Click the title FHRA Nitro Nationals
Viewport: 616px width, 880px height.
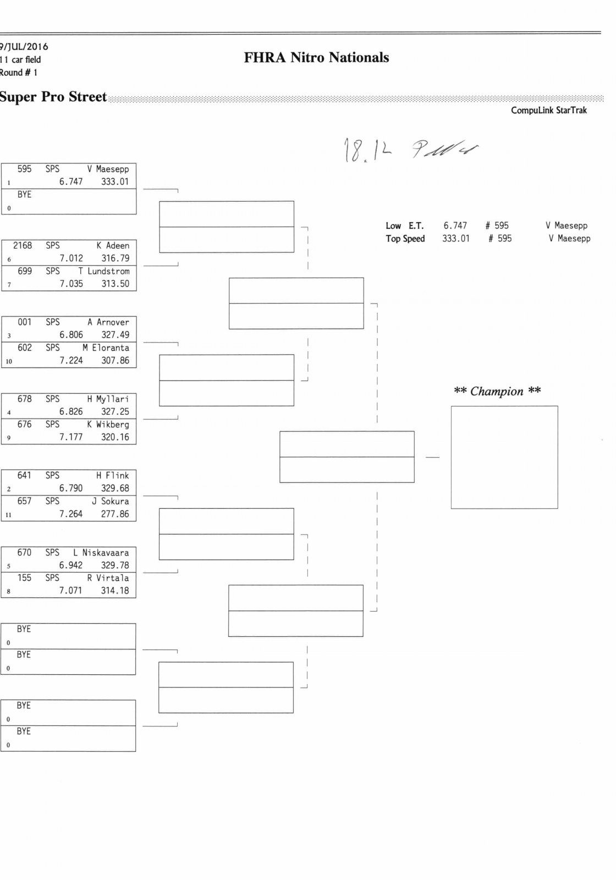coord(316,58)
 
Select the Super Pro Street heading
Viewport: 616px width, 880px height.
coord(53,97)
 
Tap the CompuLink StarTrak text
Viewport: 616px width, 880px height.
coord(548,111)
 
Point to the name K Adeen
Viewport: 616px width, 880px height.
coord(113,246)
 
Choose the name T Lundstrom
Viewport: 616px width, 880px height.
coord(104,271)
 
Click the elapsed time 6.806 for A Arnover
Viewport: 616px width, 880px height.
coord(71,335)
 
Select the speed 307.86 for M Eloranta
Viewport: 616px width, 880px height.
coord(115,361)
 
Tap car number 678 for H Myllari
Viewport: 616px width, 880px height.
coord(25,399)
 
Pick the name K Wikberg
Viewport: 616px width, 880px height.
coord(108,425)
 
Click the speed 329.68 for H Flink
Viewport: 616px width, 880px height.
coord(115,488)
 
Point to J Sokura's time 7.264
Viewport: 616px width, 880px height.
coord(71,514)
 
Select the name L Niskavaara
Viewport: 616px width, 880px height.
coord(101,553)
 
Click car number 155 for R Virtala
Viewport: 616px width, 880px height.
coord(25,578)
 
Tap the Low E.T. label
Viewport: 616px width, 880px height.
coord(404,226)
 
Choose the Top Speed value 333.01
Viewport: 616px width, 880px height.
coord(456,239)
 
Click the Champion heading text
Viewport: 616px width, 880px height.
coord(497,392)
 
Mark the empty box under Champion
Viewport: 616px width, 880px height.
coord(504,457)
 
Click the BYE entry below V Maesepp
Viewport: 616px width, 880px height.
coord(25,195)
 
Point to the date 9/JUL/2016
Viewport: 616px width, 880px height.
coord(24,47)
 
